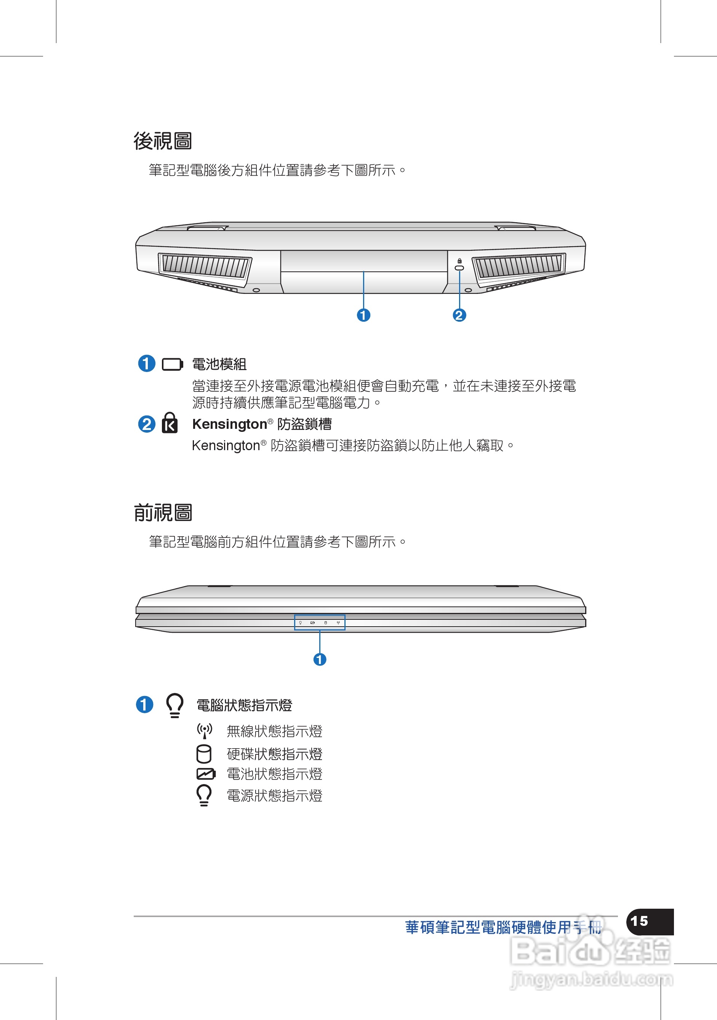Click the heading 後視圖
163,141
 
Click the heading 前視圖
163,513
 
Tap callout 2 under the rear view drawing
459,316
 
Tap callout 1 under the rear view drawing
363,316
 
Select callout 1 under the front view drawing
320,659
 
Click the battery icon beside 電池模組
172,365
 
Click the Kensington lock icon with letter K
170,423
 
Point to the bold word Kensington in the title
229,424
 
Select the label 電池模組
219,364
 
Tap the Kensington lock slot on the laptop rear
459,268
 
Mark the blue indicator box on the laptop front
320,622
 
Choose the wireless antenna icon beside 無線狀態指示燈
205,731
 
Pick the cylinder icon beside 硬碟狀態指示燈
204,754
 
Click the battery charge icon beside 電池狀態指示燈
206,774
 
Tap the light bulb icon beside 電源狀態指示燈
204,795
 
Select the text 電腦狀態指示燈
244,706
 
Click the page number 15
639,921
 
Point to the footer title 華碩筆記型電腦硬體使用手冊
503,928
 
